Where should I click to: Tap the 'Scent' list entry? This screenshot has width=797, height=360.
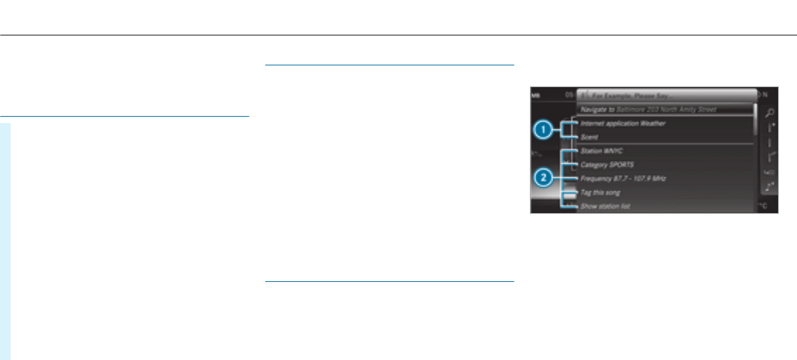pos(588,137)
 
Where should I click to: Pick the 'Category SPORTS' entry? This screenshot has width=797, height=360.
pos(607,165)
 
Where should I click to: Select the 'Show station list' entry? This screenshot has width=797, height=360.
pos(605,207)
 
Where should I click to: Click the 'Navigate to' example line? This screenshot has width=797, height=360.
pos(647,110)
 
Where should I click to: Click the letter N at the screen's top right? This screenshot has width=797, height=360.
pos(766,94)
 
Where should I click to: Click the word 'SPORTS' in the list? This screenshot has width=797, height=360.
pos(621,165)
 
